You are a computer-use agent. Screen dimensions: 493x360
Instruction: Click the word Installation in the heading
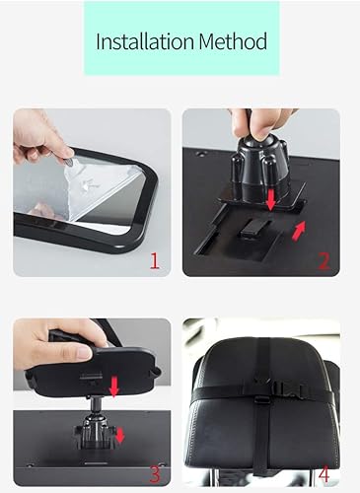pos(143,43)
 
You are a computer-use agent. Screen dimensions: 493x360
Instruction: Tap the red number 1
pos(153,260)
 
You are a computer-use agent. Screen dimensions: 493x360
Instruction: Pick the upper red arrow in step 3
pos(113,387)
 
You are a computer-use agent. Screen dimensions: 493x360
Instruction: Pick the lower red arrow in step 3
pos(119,434)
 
